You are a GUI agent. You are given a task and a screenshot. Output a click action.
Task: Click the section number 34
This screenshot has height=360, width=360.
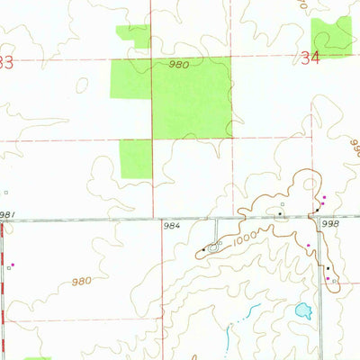coord(311,60)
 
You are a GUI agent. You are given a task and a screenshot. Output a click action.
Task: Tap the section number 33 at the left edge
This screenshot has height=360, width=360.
coord(6,63)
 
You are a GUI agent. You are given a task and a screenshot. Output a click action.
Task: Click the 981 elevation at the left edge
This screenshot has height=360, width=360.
coord(7,214)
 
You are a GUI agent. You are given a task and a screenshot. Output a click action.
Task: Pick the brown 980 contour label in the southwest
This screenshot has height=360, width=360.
coord(82,282)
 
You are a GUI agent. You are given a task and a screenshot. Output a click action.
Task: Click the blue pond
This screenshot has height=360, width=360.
coord(302,312)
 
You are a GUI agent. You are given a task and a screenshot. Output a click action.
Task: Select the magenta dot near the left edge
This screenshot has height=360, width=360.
coord(13,265)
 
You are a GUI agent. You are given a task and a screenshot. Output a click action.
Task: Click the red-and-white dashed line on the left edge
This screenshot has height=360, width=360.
coord(2,288)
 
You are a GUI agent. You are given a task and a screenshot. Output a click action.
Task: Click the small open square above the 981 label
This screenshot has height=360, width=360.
coord(5,192)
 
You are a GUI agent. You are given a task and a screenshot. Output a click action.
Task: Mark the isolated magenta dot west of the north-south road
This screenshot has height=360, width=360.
coord(308,244)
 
